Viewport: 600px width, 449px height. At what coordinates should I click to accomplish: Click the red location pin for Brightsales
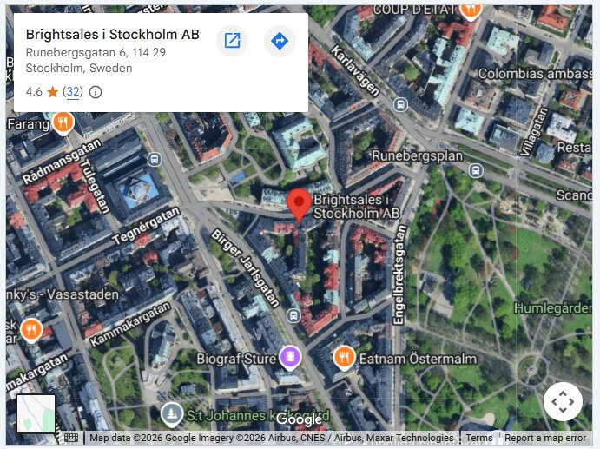coord(300,203)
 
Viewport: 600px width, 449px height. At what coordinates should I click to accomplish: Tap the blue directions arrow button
coord(280,41)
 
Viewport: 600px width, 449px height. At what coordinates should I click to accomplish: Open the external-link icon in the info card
coord(232,41)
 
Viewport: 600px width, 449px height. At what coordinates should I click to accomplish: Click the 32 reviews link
coord(73,92)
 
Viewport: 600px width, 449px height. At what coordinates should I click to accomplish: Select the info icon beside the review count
coord(96,92)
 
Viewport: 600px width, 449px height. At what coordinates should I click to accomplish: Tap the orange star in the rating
coord(52,92)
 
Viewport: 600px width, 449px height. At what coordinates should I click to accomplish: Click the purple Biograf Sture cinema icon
coord(290,356)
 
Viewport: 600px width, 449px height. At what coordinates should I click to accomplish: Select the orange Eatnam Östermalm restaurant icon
coord(344,357)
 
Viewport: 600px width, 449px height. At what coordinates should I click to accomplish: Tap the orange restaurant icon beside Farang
coord(62,122)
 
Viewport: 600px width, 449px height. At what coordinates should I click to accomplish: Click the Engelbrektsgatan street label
coord(400,274)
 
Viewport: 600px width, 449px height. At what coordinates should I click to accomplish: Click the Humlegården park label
coord(555,308)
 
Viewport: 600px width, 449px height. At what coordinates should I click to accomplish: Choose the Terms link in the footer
coord(478,439)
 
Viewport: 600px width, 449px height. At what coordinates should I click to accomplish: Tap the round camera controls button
coord(563,401)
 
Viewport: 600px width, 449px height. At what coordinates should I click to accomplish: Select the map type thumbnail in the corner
coord(36,413)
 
